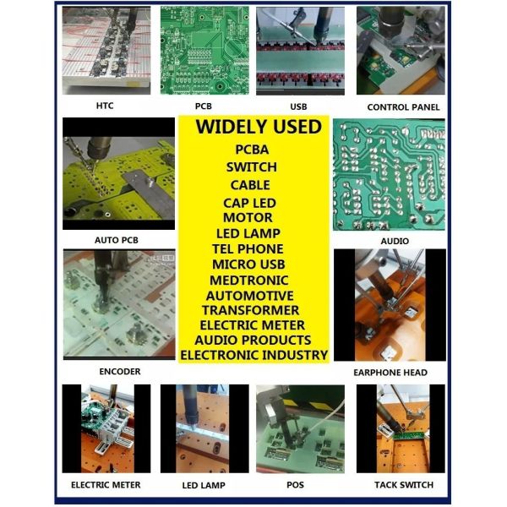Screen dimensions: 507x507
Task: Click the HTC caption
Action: (105, 106)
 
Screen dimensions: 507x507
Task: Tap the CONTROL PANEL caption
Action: (403, 107)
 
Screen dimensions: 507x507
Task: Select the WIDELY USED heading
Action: (259, 127)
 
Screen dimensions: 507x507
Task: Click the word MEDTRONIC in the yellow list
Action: (249, 280)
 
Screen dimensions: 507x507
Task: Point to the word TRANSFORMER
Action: (251, 310)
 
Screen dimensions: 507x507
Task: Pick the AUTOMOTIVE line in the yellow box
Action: (249, 296)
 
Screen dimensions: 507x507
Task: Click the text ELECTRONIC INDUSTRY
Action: (254, 355)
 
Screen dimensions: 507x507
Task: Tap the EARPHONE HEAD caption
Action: (390, 373)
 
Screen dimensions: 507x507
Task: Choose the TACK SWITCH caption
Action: (404, 485)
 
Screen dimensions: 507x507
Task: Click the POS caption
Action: (295, 485)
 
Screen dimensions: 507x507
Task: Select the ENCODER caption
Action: (120, 372)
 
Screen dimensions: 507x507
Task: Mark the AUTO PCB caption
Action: (117, 240)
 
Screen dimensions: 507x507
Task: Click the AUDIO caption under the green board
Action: (395, 241)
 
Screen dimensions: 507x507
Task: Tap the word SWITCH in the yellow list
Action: (252, 167)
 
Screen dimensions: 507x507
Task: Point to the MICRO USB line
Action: (248, 264)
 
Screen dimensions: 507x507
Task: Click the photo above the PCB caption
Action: (204, 51)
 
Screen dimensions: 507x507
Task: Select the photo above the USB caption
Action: (300, 51)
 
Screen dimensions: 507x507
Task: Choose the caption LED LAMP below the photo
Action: (204, 485)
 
